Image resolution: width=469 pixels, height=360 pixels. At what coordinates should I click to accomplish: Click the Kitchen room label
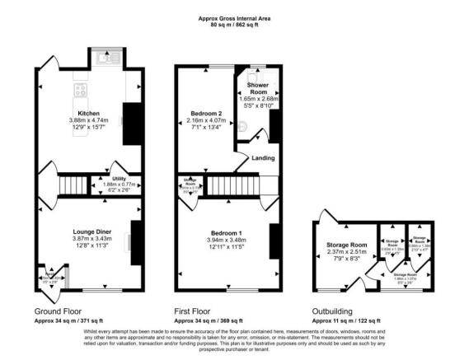pos(88,113)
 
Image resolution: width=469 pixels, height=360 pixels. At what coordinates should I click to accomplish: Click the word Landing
pos(264,159)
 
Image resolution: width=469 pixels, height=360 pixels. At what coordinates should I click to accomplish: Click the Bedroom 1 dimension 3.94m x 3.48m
pos(224,241)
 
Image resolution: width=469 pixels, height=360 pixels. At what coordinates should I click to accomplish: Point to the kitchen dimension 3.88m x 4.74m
pos(88,120)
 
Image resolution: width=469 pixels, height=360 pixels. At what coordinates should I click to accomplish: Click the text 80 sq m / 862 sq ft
pos(234,24)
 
